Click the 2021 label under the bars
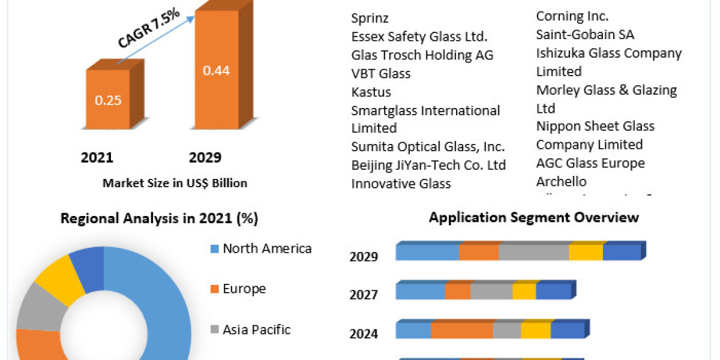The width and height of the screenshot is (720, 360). [97, 158]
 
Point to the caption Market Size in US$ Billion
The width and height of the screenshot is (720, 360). [175, 183]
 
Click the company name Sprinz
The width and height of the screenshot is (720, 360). [370, 19]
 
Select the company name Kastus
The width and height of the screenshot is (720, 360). [371, 92]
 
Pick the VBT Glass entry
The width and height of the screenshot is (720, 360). [381, 73]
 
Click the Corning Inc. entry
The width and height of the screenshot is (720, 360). [572, 16]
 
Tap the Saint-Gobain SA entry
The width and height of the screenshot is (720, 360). [585, 35]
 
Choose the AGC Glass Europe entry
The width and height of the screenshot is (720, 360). [590, 163]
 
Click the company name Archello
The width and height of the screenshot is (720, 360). [562, 181]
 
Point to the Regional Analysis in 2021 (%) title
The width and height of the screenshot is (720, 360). [160, 219]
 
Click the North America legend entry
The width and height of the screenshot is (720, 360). [267, 248]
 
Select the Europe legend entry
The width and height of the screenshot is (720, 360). [244, 289]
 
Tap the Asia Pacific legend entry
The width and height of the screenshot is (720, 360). [257, 329]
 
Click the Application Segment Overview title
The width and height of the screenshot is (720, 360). [534, 217]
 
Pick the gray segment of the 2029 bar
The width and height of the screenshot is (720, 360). [533, 252]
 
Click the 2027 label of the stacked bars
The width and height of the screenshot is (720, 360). [364, 295]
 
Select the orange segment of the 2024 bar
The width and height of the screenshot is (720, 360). [462, 330]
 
